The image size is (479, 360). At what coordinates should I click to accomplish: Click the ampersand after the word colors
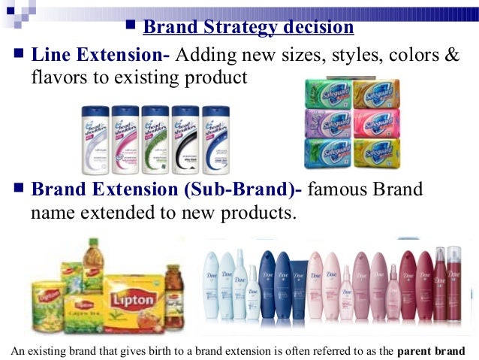click(450, 55)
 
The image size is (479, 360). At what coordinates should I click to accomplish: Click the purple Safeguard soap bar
click(328, 122)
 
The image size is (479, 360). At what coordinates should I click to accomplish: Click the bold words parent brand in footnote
click(431, 350)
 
